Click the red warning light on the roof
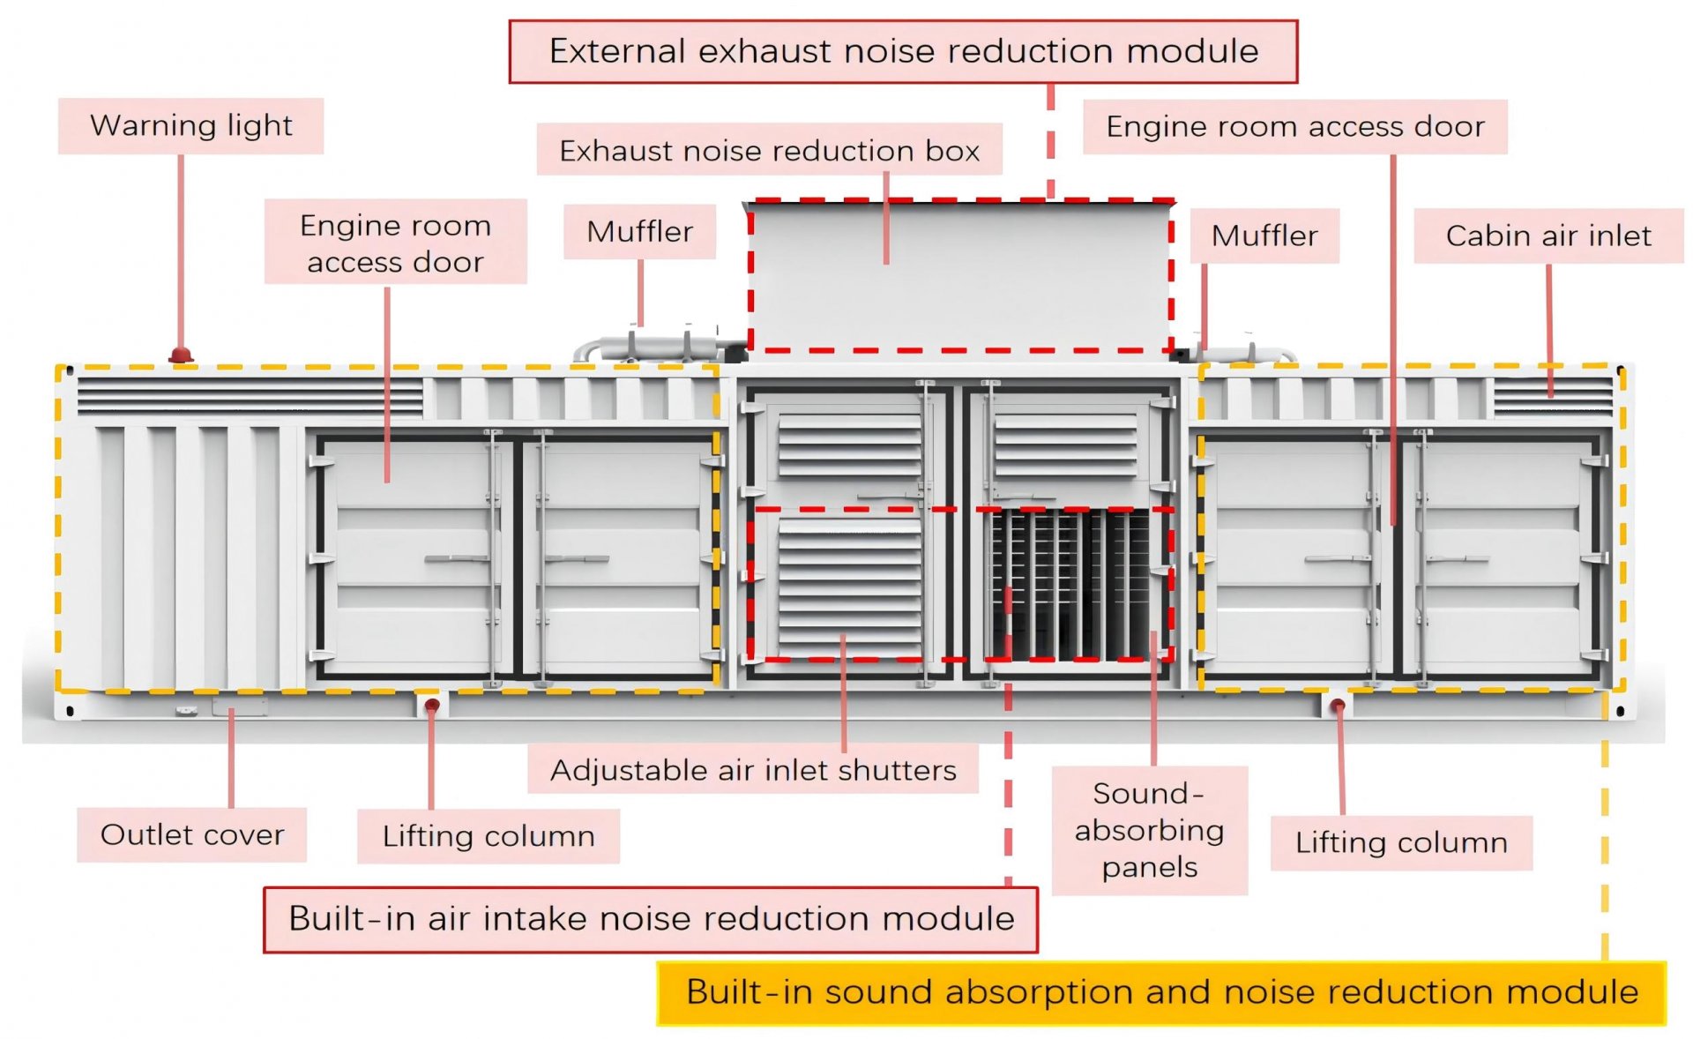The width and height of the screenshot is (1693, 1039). coord(181,355)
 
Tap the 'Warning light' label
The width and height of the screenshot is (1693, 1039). coord(190,126)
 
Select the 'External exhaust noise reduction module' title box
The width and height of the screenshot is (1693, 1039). coord(903,52)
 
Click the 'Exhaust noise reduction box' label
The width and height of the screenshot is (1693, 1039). coord(769,151)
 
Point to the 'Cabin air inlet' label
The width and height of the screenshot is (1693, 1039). coord(1548,236)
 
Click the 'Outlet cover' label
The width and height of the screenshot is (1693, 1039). coord(192,834)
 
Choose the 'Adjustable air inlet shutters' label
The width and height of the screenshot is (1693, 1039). coord(753,770)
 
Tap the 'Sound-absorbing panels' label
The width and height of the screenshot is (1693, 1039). coord(1149,830)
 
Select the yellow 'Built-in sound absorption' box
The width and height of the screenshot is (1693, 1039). coord(1161,992)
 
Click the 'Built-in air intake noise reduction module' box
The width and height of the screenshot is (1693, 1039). coord(651,919)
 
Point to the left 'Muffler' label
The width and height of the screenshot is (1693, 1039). coord(639,232)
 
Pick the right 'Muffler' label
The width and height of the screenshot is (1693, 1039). coord(1264,236)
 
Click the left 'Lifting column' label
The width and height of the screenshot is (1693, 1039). coord(489,836)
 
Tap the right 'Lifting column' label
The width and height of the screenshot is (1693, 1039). coord(1400,842)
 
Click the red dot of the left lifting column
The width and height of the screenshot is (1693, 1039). coord(432,706)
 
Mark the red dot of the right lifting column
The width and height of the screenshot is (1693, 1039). coord(1338,705)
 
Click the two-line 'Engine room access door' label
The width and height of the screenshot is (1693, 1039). coord(395,243)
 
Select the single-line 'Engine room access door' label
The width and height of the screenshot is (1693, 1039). coord(1294,127)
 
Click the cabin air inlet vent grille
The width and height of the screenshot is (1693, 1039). coord(1552,396)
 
